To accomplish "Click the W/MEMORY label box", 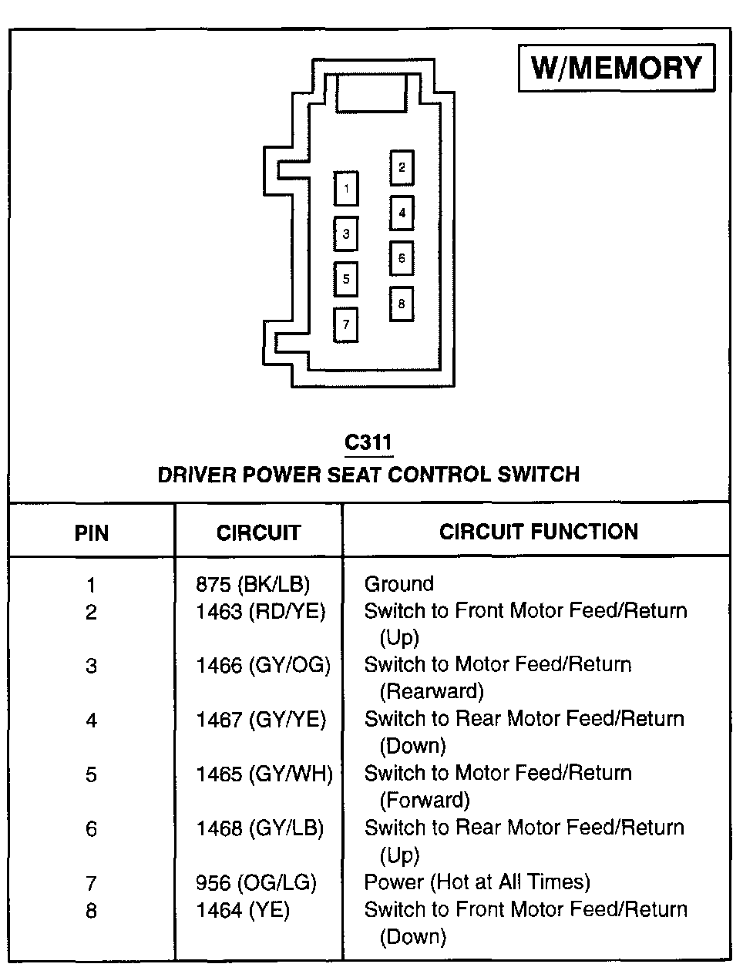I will tap(617, 68).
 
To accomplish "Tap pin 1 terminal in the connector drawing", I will tap(346, 188).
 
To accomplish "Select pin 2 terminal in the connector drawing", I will tap(402, 167).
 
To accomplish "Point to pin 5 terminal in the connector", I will tap(346, 279).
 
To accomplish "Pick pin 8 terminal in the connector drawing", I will tap(402, 304).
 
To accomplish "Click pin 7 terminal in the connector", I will tap(346, 324).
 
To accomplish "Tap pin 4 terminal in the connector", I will tap(402, 213).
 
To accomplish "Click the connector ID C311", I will tap(368, 443).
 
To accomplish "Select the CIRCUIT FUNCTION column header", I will tap(539, 532).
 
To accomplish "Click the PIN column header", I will tap(92, 532).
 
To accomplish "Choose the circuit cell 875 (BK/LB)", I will tap(257, 584).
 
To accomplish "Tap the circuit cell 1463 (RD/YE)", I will tap(261, 612).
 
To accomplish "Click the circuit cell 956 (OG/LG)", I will tap(256, 882).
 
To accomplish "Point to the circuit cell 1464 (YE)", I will tap(242, 910).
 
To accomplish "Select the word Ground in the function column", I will tap(398, 584).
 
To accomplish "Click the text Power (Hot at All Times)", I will tap(477, 882).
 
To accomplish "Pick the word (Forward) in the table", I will tap(425, 800).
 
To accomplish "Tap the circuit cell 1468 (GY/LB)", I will tap(259, 828).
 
